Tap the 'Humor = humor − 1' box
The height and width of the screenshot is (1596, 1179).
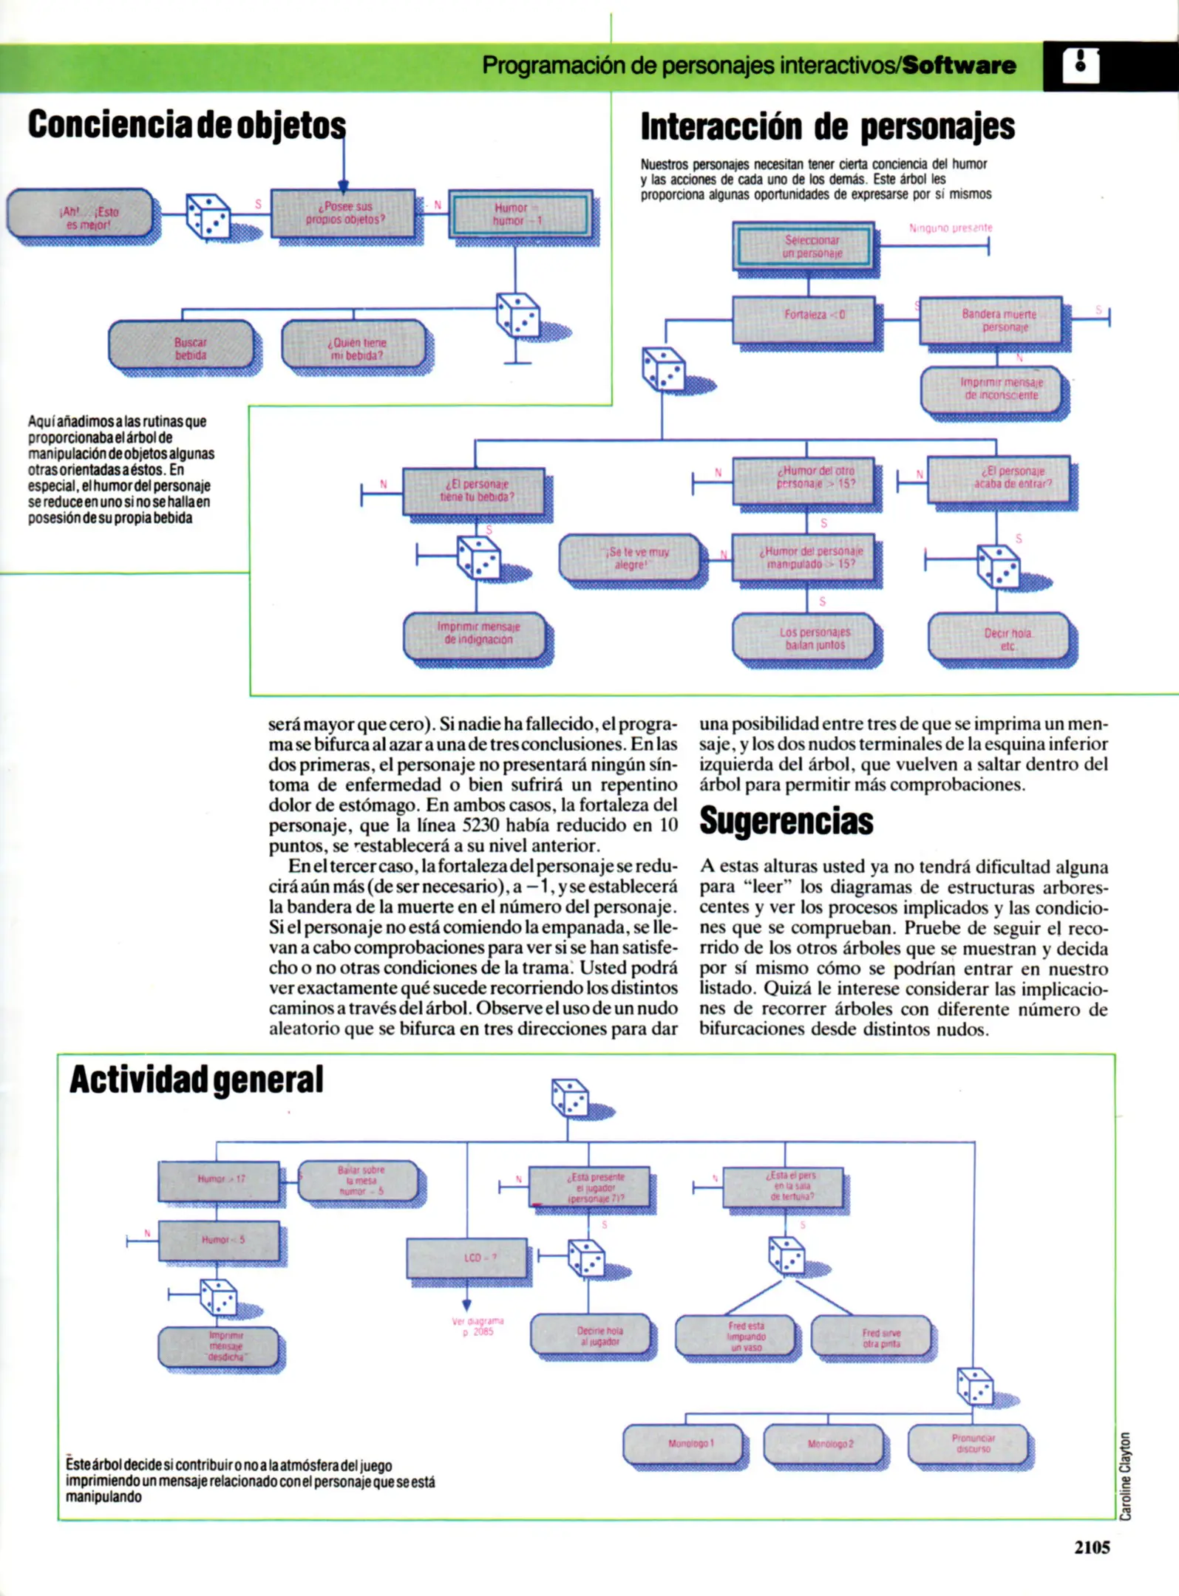[x=520, y=214]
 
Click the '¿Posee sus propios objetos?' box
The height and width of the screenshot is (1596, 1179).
[x=343, y=213]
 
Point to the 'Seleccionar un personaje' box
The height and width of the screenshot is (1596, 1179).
[x=804, y=246]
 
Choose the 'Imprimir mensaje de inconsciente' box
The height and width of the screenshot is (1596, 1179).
[x=993, y=389]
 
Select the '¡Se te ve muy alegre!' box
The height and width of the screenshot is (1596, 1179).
[x=629, y=558]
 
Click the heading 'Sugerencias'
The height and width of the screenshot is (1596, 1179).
[x=786, y=822]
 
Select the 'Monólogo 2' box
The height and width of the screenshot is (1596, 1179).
[x=823, y=1444]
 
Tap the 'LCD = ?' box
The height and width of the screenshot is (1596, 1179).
[x=467, y=1258]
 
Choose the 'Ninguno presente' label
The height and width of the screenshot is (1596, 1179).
[x=951, y=228]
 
